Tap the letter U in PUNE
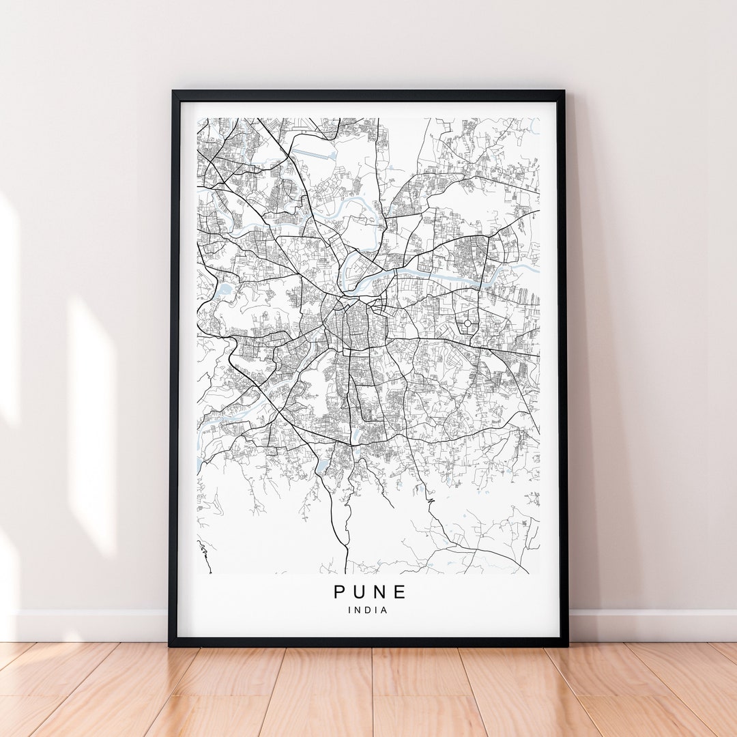click(361, 592)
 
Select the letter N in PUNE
click(381, 592)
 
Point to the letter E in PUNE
click(401, 592)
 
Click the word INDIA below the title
click(369, 610)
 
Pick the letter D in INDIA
click(369, 610)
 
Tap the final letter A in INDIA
click(385, 610)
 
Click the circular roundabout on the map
click(467, 323)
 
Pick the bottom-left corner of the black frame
click(171, 644)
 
